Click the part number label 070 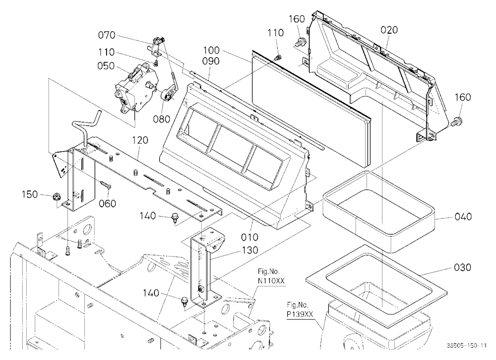point(107,35)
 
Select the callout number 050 point(106,66)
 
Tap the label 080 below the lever point(162,120)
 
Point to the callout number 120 point(140,140)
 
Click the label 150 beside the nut point(30,194)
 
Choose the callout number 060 point(107,203)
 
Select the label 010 point(249,237)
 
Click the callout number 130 point(250,250)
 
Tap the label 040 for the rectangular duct point(463,217)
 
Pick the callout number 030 point(462,267)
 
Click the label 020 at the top point(389,30)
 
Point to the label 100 point(211,50)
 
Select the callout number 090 point(211,60)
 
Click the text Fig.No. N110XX point(269,276)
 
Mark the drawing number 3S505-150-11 point(467,346)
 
